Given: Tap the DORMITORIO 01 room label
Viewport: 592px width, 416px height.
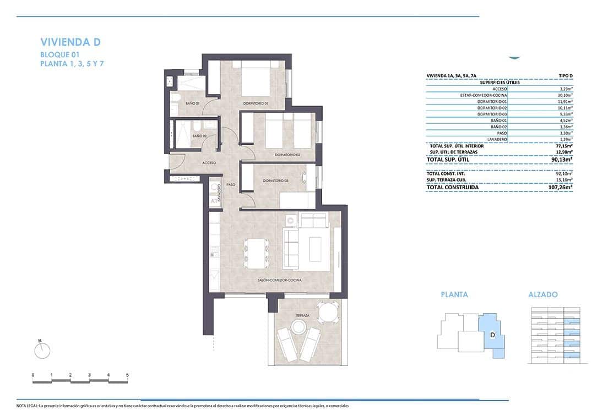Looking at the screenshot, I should [256, 103].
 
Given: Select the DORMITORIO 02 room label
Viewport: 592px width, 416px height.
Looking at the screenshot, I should [287, 155].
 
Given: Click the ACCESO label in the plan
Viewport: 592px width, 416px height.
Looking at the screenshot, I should [209, 163].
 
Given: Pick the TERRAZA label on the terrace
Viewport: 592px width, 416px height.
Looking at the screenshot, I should [302, 315].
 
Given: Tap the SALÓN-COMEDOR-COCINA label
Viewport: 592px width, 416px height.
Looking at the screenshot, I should [279, 280].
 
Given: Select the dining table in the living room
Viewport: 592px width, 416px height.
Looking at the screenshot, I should [254, 253].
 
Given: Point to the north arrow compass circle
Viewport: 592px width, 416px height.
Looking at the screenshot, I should [42, 350].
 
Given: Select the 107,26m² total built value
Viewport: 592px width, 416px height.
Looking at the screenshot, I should [561, 188].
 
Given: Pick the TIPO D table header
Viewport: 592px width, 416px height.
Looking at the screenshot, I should [565, 76].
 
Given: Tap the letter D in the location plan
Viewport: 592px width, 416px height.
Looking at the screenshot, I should [492, 335].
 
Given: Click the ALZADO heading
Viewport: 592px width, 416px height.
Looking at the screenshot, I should [542, 294].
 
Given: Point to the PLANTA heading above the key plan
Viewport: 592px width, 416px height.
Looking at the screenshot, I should [454, 294].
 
